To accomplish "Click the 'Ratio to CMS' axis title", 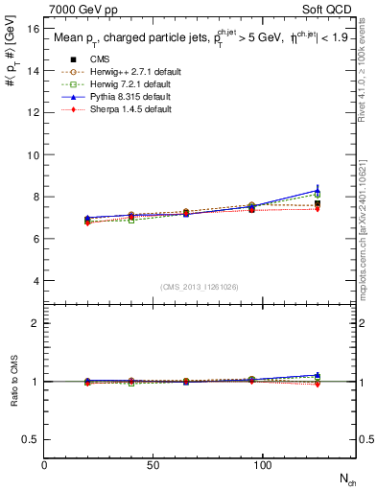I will [12, 381].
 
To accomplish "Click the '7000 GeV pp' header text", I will [77, 8].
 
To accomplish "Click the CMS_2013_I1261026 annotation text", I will [199, 285].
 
